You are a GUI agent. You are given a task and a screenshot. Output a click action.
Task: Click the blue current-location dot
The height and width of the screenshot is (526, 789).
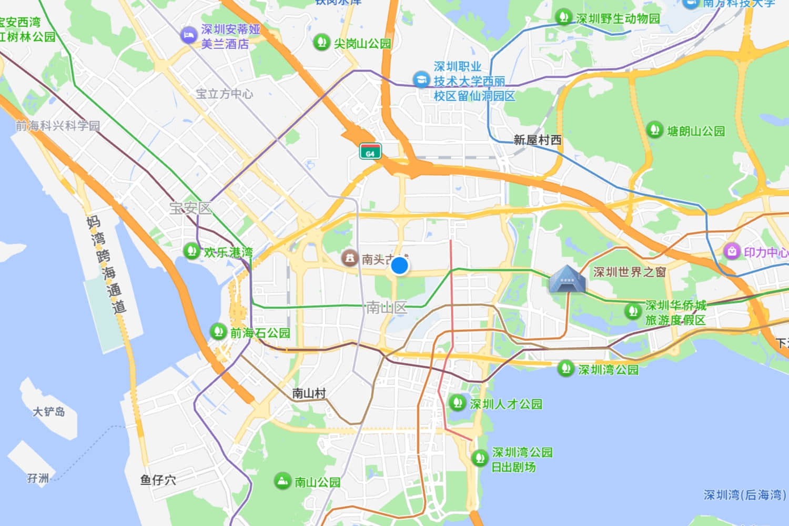(400, 266)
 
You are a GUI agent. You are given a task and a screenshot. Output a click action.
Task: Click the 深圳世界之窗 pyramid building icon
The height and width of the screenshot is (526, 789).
(567, 279)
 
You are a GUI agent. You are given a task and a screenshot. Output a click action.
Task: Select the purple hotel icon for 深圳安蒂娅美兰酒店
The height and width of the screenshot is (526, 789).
(188, 36)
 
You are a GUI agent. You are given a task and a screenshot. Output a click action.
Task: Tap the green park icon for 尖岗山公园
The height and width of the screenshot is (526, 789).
(321, 42)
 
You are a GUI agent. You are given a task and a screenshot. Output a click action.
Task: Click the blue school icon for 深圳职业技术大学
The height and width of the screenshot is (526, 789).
(420, 80)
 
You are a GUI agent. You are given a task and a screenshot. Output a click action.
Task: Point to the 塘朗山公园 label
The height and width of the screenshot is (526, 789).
(695, 131)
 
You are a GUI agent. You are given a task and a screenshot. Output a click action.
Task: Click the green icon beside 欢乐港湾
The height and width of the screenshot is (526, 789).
(191, 251)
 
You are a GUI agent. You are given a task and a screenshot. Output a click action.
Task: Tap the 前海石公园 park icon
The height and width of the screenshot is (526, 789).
(218, 332)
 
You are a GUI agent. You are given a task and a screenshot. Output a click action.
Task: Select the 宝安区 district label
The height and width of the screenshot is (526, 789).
(190, 208)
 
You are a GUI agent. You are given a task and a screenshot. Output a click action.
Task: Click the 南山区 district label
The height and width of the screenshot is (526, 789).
(387, 308)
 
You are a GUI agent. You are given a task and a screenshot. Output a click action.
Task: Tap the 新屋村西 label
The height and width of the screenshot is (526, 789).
(537, 140)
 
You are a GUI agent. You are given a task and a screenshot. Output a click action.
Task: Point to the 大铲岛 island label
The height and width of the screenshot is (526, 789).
(49, 411)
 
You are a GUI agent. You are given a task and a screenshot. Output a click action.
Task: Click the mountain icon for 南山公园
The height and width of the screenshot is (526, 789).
(282, 481)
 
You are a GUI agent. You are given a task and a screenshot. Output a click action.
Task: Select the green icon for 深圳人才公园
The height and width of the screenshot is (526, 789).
(457, 403)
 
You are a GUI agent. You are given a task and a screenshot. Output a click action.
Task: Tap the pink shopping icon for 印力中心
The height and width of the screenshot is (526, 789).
(732, 251)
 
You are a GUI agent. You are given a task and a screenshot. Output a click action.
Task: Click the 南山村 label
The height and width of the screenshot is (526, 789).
(309, 393)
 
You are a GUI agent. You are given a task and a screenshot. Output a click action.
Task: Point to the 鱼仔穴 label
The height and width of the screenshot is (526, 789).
(158, 480)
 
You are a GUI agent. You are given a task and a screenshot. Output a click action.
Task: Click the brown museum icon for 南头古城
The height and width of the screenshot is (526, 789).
(349, 258)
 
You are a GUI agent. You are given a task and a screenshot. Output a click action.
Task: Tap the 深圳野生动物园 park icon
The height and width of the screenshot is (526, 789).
(563, 17)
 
